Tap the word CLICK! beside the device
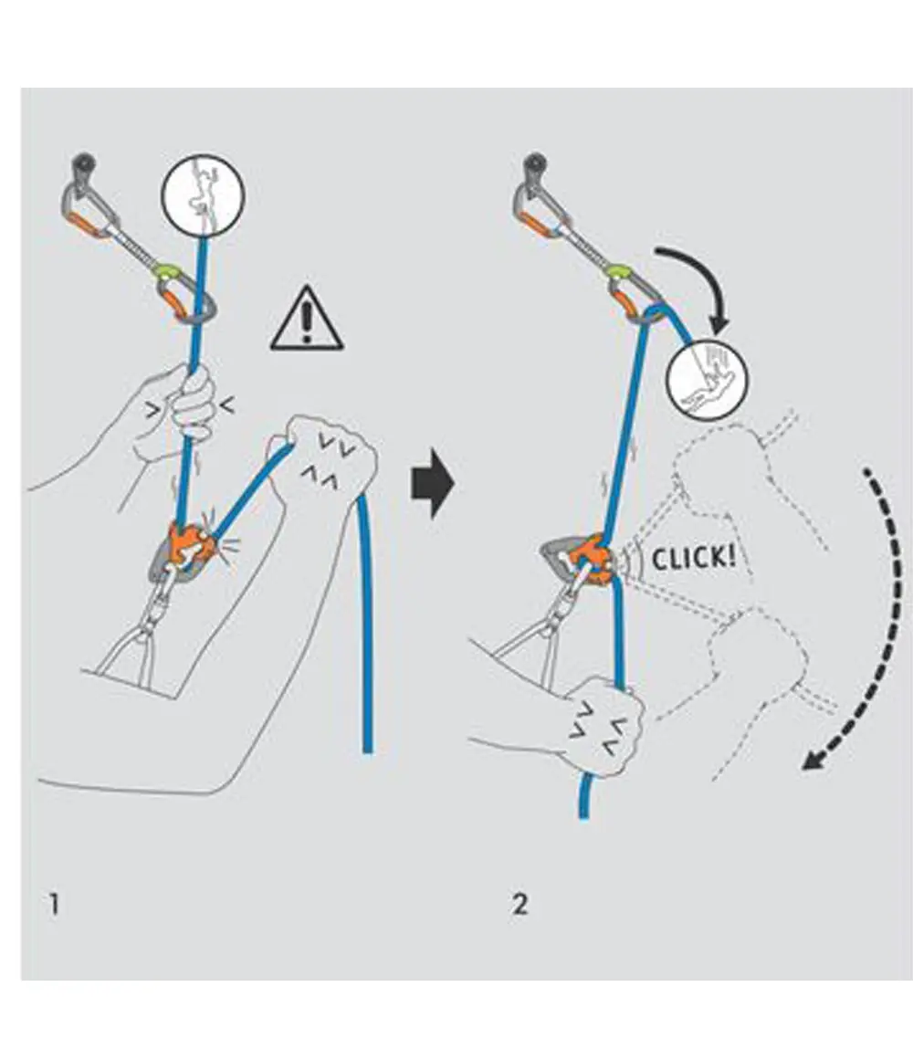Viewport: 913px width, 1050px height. (x=693, y=557)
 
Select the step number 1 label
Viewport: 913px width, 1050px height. (x=56, y=906)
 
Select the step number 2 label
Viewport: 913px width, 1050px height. (x=519, y=906)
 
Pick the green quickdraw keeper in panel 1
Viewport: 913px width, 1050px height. (x=167, y=270)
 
